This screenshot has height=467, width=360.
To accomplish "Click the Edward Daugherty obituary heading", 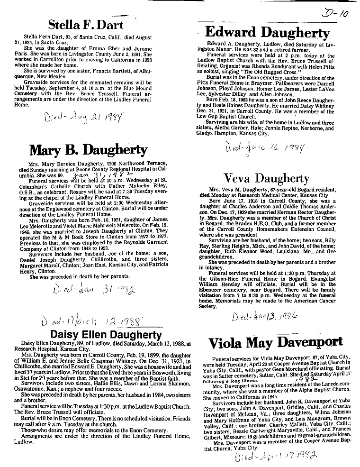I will click(x=267, y=33).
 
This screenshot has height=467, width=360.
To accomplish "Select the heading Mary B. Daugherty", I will click(x=88, y=150).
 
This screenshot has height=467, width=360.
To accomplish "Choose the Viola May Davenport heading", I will click(x=275, y=342).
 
